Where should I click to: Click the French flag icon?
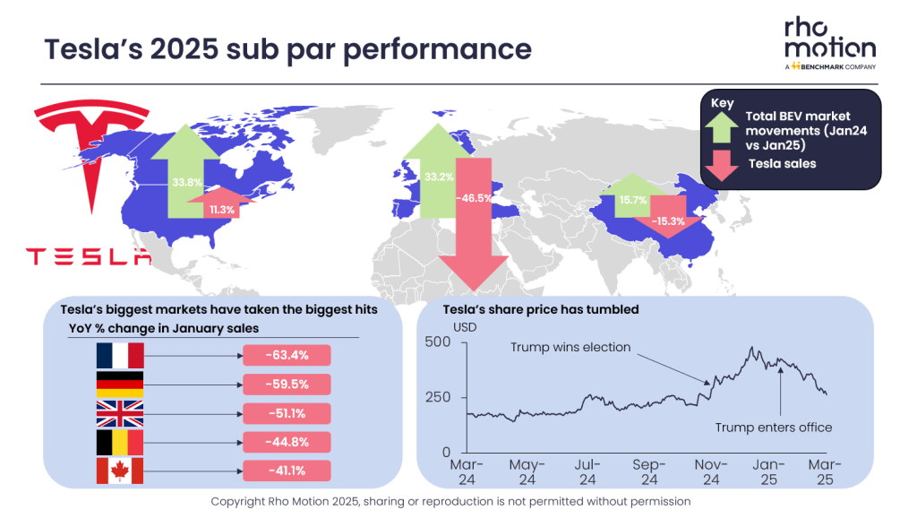119,356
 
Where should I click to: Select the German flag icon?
119,385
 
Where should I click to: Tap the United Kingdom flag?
119,413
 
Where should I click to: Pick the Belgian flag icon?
119,442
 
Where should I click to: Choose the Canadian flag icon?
119,471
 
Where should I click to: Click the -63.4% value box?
287,356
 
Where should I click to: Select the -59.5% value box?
287,385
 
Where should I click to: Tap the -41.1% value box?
287,471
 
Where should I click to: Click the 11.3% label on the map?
221,211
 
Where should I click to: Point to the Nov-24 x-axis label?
709,472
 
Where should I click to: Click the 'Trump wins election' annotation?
570,347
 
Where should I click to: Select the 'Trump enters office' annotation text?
774,428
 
